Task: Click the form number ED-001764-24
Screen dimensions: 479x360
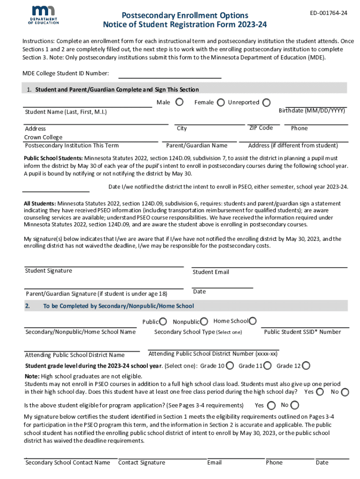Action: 329,13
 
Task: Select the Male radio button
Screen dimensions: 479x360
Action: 179,102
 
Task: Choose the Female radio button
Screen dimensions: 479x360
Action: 220,102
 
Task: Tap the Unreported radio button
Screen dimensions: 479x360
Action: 266,102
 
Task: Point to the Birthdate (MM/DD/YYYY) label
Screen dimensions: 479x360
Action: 312,111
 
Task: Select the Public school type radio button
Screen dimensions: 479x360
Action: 163,321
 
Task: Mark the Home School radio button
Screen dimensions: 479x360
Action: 252,321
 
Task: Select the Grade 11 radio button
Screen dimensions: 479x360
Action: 268,366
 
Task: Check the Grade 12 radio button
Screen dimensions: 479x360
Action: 306,366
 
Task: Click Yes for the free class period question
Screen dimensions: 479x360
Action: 320,392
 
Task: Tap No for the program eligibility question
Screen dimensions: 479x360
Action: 295,405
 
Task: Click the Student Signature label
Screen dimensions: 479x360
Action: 49,271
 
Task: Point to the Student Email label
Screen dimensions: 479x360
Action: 211,272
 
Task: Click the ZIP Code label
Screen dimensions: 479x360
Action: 261,128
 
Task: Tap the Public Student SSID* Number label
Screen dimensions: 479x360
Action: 302,332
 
